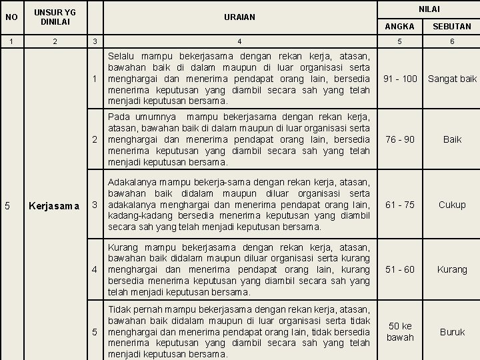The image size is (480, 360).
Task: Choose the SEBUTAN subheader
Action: coord(452,27)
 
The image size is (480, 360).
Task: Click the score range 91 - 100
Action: coord(400,79)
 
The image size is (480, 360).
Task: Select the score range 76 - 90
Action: coord(400,140)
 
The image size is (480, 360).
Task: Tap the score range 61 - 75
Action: coord(400,205)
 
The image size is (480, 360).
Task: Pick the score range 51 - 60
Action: coord(400,269)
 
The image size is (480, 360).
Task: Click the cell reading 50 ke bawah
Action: coord(400,331)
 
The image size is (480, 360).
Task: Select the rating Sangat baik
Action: coord(452,79)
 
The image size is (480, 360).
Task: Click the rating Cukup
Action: coord(452,205)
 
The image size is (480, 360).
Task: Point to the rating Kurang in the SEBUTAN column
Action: coord(452,269)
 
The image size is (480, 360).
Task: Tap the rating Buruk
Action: coord(452,331)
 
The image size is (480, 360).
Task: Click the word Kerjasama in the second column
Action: coord(55,205)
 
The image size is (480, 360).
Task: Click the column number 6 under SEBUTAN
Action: coord(452,41)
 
